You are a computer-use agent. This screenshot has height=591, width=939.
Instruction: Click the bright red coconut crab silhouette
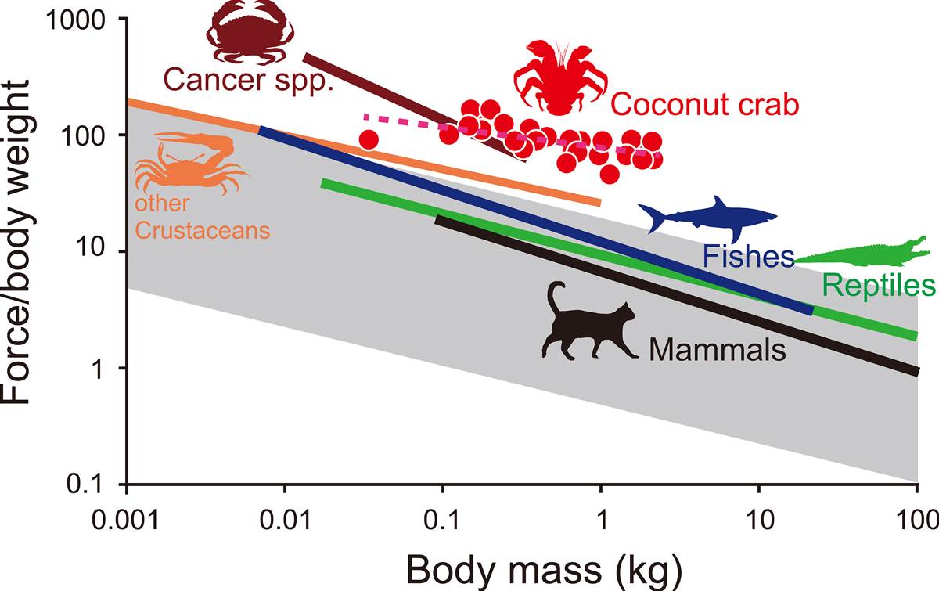click(559, 74)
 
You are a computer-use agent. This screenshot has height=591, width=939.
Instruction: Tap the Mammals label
click(717, 349)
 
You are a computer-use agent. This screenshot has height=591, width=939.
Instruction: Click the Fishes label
click(748, 256)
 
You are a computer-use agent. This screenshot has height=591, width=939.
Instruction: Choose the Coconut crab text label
click(705, 103)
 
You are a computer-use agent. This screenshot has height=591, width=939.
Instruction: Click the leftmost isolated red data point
click(369, 139)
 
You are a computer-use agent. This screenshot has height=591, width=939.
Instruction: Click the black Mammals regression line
click(673, 294)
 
